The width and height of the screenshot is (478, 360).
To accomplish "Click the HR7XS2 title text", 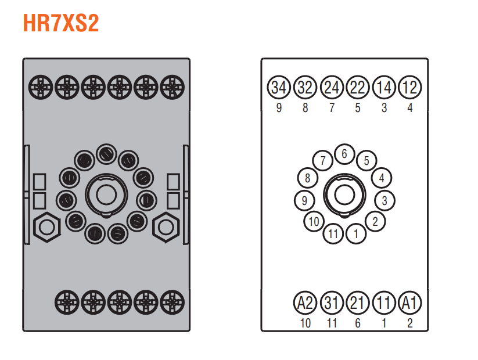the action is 61,23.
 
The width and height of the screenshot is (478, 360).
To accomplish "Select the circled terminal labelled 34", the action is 279,87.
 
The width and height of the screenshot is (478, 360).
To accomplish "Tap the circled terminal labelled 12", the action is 410,87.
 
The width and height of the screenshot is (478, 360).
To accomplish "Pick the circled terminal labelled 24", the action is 332,87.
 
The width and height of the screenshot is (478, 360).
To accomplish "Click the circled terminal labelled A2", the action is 305,303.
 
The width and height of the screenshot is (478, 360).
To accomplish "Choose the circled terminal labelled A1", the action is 410,303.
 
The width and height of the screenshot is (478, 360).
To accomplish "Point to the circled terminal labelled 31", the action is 332,303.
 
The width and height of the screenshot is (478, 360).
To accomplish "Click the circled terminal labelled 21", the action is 358,303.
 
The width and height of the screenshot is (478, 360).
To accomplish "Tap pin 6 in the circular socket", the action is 344,154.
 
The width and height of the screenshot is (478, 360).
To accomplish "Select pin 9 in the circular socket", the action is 304,200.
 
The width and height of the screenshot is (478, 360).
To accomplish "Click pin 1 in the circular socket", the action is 356,234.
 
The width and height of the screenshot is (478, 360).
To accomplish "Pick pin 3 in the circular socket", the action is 384,200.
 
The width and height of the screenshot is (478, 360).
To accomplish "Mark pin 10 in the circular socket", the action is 314,221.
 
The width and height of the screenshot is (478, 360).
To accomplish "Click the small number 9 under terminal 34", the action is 279,107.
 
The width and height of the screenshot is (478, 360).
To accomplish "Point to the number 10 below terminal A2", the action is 306,323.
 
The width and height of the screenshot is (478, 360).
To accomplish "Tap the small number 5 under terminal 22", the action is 358,107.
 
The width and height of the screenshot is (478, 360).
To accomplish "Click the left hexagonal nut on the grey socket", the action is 46,227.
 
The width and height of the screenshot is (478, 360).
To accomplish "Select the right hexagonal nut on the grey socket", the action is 166,227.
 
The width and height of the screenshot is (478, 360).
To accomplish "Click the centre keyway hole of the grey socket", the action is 106,195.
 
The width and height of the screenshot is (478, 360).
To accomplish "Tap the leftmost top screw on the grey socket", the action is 41,87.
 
